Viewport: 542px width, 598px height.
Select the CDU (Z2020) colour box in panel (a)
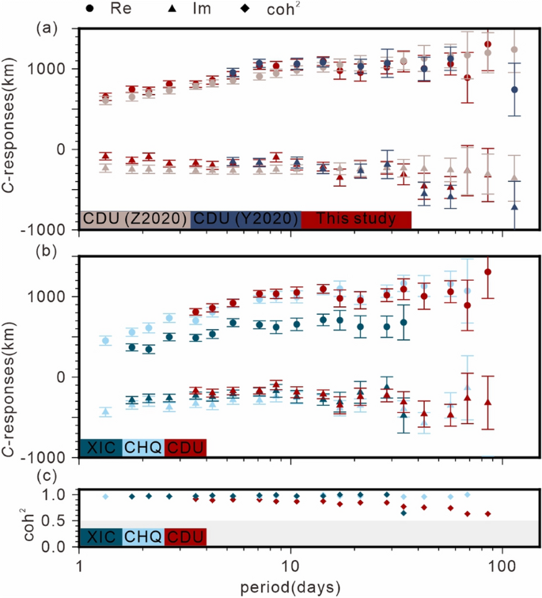135,219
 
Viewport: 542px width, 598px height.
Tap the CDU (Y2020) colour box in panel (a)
246,219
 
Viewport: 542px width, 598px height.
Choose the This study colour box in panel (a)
356,219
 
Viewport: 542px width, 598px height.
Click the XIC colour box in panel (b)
100,448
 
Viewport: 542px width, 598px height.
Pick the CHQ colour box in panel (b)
143,448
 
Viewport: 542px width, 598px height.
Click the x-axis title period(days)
290,588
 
